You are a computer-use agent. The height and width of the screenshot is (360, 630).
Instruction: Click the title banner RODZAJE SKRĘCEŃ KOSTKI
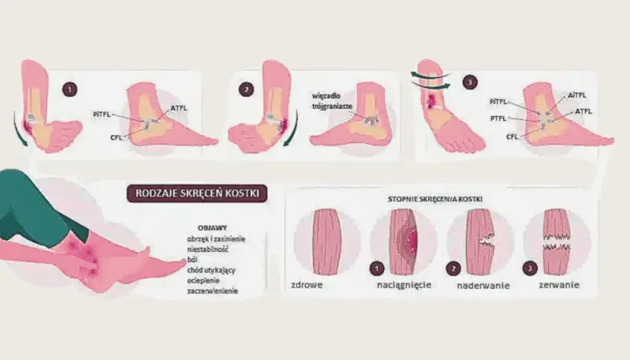click(196, 193)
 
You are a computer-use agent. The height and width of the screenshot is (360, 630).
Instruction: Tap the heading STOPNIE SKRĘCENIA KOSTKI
click(435, 199)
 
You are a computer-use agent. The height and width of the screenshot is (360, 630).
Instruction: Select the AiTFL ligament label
click(577, 95)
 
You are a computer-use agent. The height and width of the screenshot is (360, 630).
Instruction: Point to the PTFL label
click(498, 118)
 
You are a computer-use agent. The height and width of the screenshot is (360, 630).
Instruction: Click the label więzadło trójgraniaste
click(331, 101)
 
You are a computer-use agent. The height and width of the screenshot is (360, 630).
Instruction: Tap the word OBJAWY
click(212, 228)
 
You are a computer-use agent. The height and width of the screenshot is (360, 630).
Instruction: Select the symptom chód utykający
click(211, 270)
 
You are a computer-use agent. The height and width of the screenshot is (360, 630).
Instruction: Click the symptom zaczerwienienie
click(212, 290)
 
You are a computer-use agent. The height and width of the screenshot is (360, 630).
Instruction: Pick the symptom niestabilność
click(208, 249)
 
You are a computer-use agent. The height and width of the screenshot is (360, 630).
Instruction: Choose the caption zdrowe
click(307, 285)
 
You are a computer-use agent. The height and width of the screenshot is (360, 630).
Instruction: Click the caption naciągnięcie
click(403, 285)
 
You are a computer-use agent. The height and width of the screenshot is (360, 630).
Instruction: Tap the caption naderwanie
click(483, 286)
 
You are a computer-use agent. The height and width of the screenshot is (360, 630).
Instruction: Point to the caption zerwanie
click(559, 285)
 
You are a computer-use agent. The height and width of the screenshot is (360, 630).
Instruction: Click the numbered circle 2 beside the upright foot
click(246, 89)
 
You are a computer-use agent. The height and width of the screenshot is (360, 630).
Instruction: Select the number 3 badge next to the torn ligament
click(530, 268)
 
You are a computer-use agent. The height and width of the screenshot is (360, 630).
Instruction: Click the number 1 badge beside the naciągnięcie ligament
click(376, 268)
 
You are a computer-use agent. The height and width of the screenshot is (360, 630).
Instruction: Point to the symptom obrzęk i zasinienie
click(216, 239)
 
